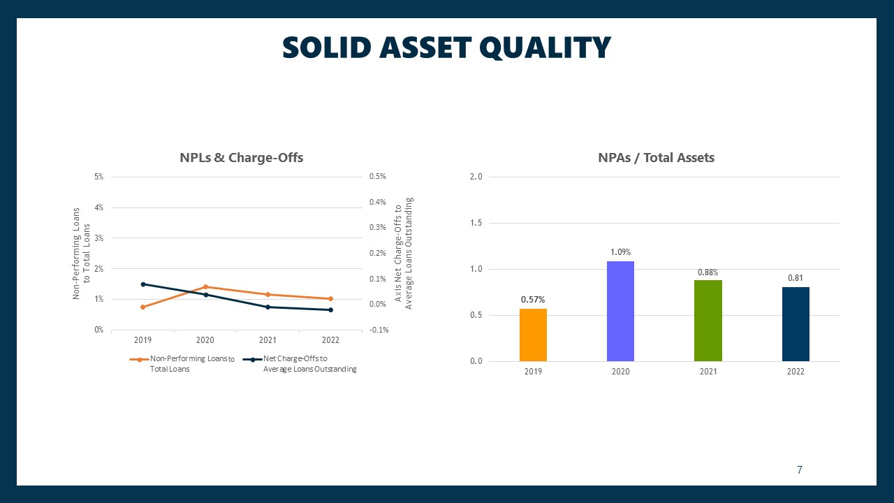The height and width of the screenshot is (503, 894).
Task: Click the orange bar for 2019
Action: point(533,335)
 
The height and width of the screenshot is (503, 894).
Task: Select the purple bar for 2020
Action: point(620,312)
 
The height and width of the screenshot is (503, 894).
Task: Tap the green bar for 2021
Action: point(708,321)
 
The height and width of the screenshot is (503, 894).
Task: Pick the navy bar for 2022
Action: point(796,324)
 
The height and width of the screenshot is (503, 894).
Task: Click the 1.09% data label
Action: point(620,252)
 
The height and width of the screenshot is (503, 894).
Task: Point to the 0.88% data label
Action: point(708,272)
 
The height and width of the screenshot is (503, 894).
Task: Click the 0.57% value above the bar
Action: point(533,300)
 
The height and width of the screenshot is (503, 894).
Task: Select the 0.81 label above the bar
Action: point(796,278)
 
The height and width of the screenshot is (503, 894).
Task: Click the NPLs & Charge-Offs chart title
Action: point(242,158)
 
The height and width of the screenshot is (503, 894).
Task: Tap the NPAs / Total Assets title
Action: point(656,158)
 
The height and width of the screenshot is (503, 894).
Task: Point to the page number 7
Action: point(800,469)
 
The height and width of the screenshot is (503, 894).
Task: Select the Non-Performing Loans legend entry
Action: point(182,364)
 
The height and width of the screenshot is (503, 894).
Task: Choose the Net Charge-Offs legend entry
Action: point(300,364)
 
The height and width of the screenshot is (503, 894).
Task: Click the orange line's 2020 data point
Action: point(205,286)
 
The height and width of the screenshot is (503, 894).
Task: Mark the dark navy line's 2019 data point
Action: point(143,284)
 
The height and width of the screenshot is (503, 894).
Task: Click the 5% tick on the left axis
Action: point(98,177)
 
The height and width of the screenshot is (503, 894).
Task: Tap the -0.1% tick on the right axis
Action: point(379,330)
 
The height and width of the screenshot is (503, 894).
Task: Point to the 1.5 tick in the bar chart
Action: point(476,223)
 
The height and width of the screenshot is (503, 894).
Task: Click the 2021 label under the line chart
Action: point(268,340)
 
